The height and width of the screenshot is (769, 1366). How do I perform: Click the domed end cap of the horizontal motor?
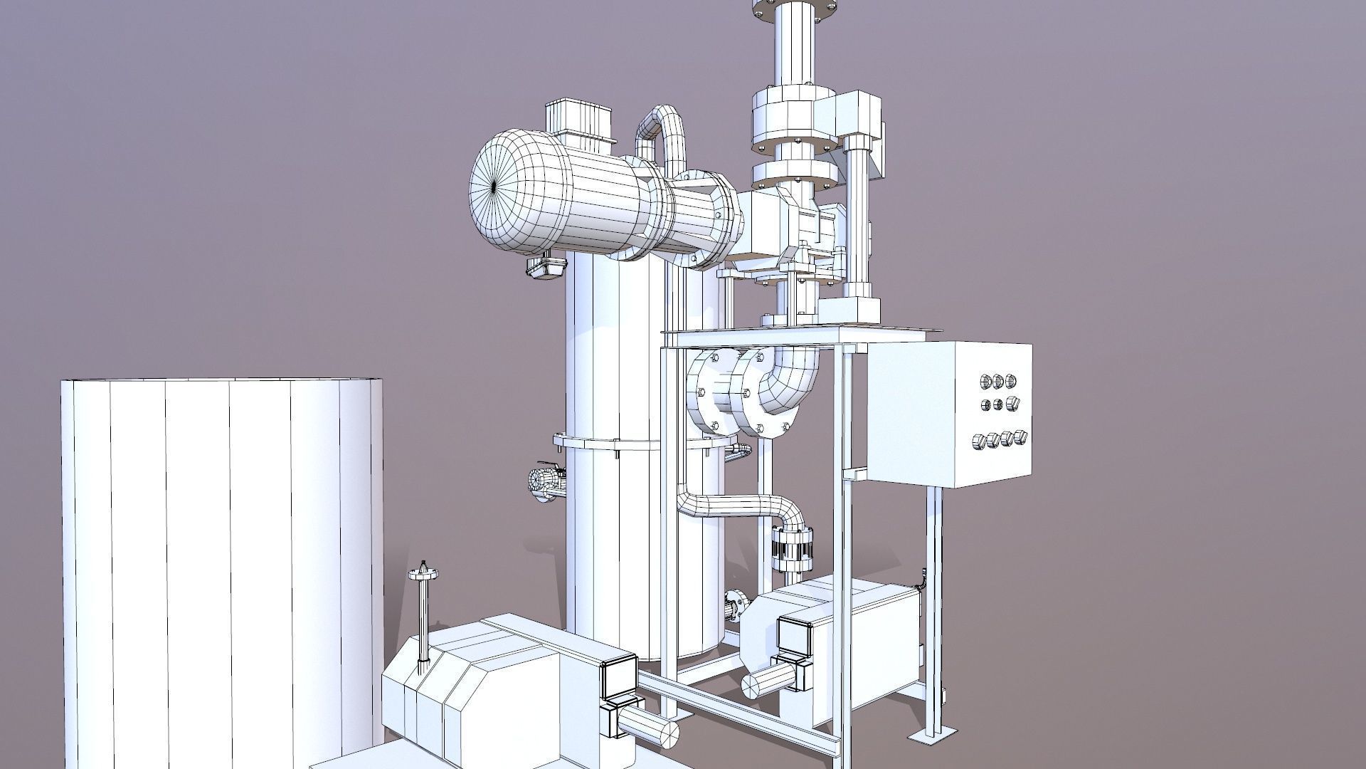[498, 187]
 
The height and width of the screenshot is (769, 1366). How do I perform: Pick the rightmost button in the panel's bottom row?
[1022, 436]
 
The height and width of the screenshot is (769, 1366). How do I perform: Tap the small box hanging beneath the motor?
[546, 266]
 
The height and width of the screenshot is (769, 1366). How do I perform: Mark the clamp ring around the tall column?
[612, 443]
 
